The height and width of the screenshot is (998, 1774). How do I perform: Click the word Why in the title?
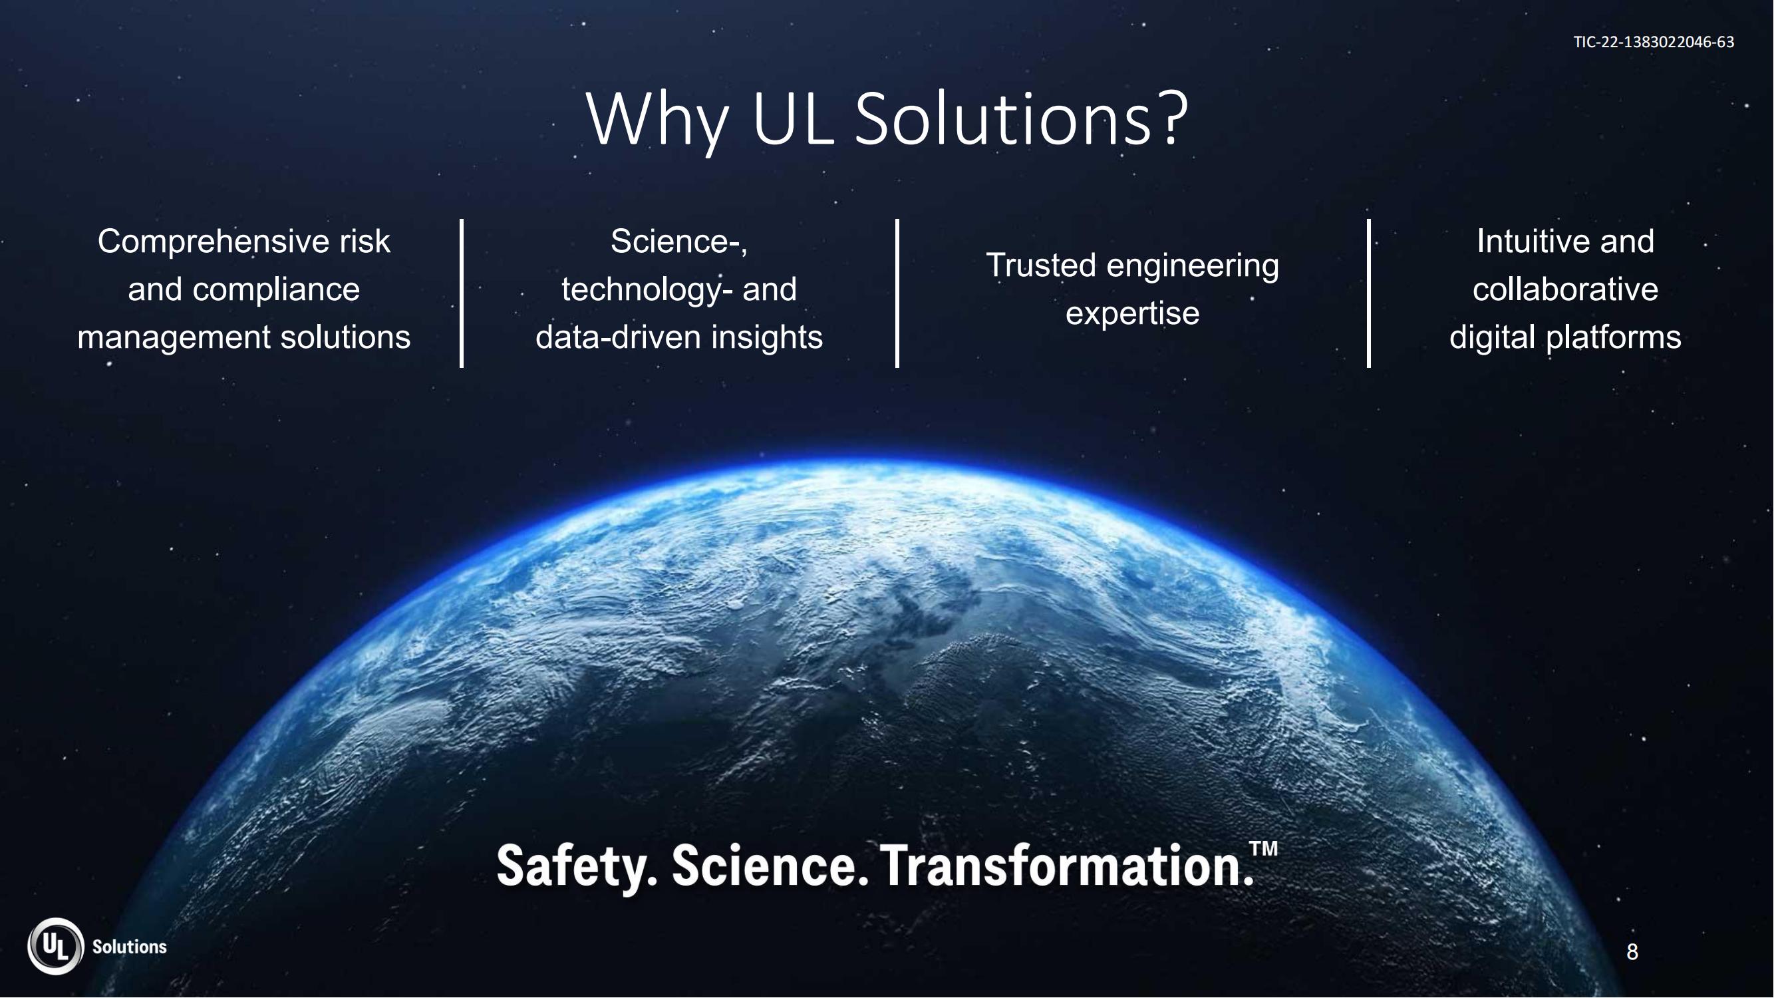(657, 120)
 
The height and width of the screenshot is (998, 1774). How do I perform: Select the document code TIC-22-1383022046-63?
(1654, 42)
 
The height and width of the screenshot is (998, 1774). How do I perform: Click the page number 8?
(1632, 952)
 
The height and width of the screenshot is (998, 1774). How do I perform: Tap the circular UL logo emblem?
(56, 946)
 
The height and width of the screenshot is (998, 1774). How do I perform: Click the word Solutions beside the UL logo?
(130, 947)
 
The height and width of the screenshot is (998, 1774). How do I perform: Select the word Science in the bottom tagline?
(765, 866)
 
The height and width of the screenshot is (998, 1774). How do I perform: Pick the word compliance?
(276, 290)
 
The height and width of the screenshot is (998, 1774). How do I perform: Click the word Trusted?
(1040, 265)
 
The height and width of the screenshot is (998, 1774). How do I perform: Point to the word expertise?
(1132, 314)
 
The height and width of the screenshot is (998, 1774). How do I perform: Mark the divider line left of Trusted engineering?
(897, 293)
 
